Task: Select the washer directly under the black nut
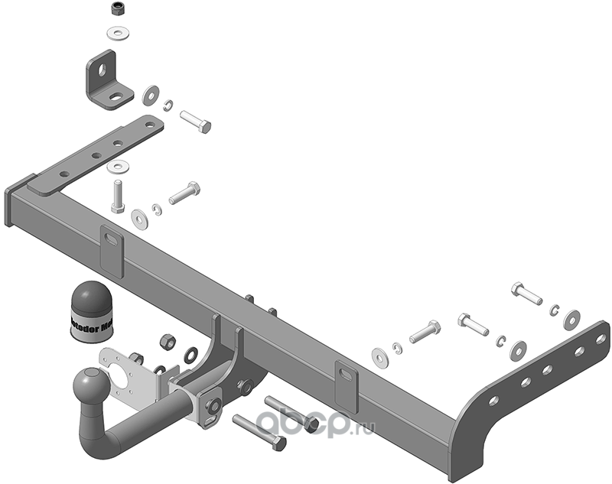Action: tap(118, 33)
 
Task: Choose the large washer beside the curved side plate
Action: tap(571, 320)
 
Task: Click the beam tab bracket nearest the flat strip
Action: tap(112, 251)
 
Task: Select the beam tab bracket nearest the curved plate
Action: tap(346, 384)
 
